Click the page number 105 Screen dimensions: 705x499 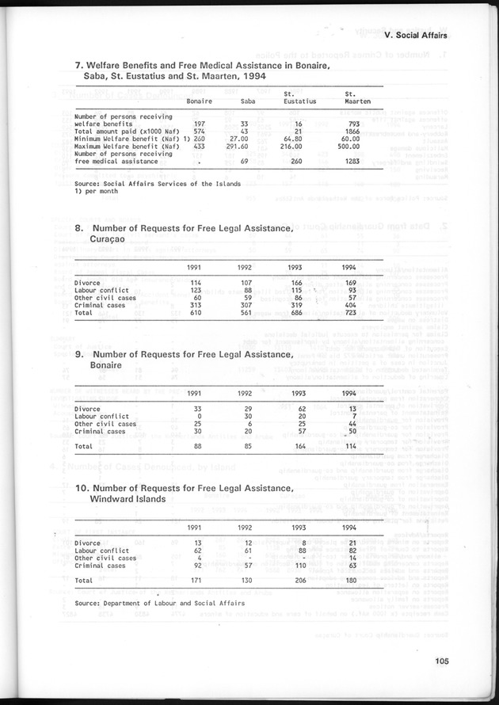click(459, 663)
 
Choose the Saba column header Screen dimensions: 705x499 click(247, 102)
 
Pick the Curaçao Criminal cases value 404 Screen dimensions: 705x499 click(346, 306)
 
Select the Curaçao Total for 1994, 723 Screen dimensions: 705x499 click(346, 314)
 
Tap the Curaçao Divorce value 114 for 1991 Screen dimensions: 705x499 click(194, 283)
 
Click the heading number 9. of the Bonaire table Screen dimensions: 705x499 click(80, 354)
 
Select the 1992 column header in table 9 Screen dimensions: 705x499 click(245, 394)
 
